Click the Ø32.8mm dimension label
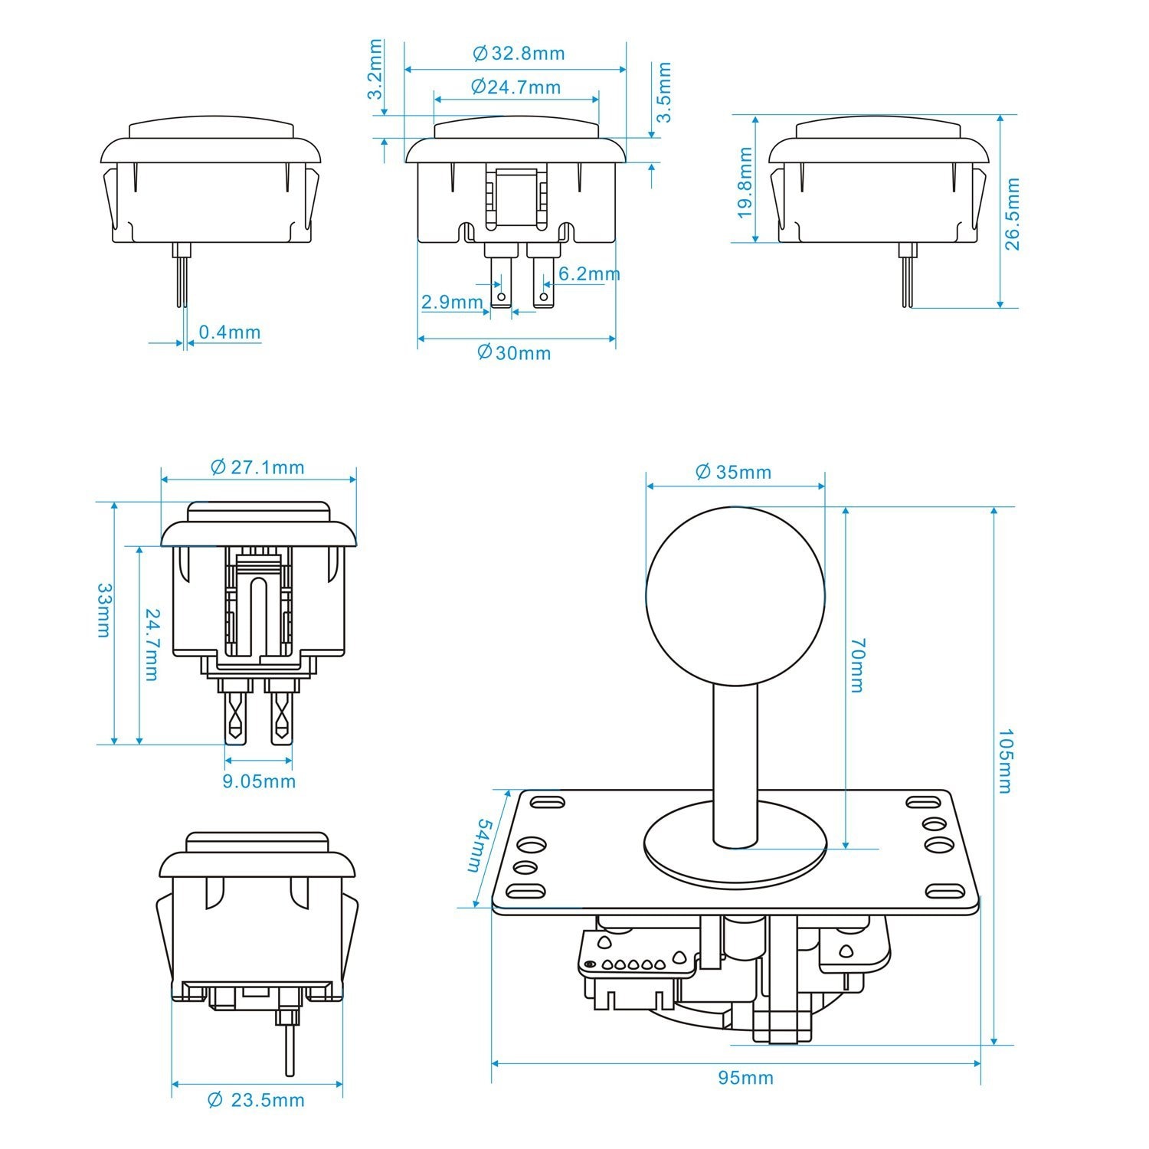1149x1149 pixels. point(519,53)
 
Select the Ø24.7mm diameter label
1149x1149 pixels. point(516,87)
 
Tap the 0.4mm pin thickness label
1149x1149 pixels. point(230,332)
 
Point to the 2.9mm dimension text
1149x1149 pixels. point(452,302)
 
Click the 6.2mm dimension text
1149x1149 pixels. point(588,273)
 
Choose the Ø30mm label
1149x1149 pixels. point(514,352)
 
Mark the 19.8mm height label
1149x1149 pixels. point(745,182)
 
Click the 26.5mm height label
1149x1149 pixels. point(1012,214)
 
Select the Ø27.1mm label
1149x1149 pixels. point(257,467)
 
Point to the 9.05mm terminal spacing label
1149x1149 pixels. point(258,781)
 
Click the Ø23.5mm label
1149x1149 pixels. point(257,1101)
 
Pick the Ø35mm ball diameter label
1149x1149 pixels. point(733,472)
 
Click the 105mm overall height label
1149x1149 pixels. point(1004,761)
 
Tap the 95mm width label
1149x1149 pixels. point(745,1078)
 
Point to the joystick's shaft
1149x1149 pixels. point(735,758)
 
